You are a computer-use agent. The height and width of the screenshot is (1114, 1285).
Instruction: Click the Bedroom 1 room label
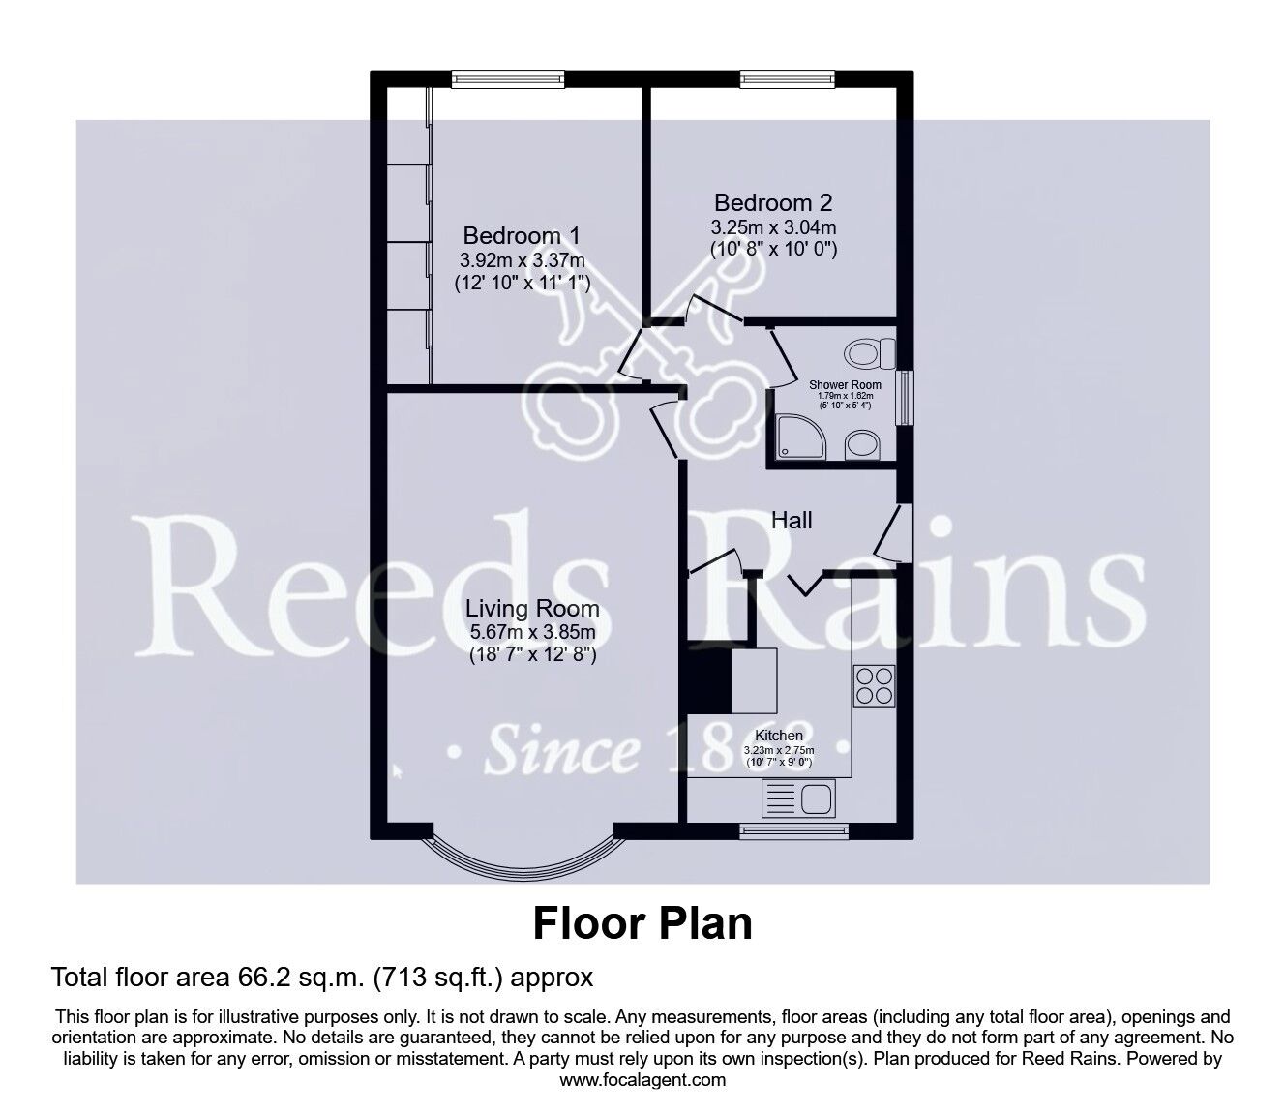pyautogui.click(x=523, y=235)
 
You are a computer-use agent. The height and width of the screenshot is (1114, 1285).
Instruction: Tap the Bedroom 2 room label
pyautogui.click(x=773, y=203)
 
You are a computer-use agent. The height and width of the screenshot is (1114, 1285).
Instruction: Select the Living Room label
pyautogui.click(x=532, y=609)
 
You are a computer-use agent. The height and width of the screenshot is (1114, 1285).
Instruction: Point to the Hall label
pyautogui.click(x=792, y=521)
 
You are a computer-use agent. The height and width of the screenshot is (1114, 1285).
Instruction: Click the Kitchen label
pyautogui.click(x=779, y=736)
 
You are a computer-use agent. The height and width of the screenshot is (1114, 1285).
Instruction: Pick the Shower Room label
pyautogui.click(x=845, y=384)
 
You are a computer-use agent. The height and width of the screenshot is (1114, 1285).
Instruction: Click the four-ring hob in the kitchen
pyautogui.click(x=874, y=684)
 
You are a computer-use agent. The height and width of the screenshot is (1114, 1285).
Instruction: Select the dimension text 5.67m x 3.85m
pyautogui.click(x=531, y=633)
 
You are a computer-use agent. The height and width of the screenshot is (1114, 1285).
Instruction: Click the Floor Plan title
pyautogui.click(x=642, y=923)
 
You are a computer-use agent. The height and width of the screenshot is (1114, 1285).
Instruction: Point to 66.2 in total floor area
pyautogui.click(x=258, y=978)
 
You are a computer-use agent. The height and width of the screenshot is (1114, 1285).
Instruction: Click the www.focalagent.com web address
pyautogui.click(x=642, y=1080)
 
